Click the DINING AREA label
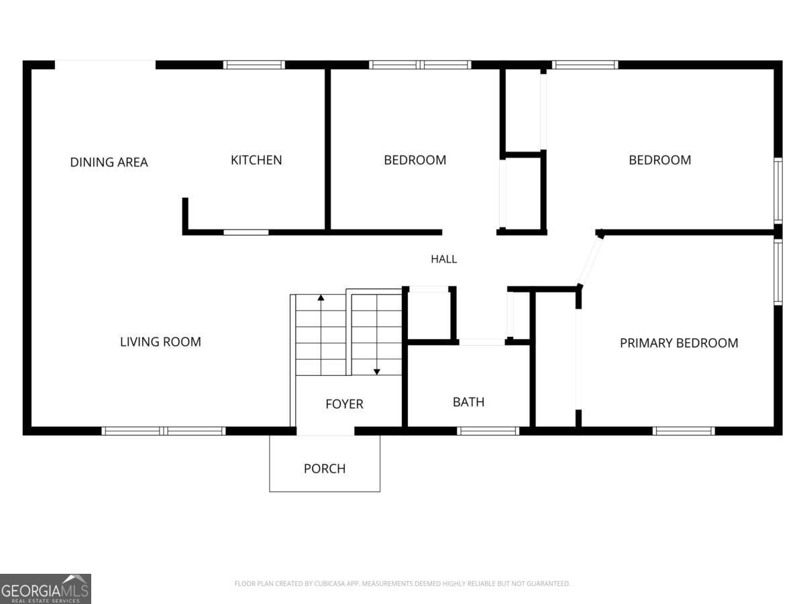109,162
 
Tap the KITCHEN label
256,160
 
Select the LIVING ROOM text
160,342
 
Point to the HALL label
444,259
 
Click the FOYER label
344,404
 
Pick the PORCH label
325,468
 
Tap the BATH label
468,402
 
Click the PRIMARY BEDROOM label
679,343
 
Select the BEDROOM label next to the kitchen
415,160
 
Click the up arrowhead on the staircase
321,298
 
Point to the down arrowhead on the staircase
376,372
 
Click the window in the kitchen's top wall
254,65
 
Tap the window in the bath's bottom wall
488,431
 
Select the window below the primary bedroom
684,431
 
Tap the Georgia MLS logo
46,589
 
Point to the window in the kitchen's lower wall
246,232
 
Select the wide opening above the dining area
105,65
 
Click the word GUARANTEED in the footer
549,583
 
